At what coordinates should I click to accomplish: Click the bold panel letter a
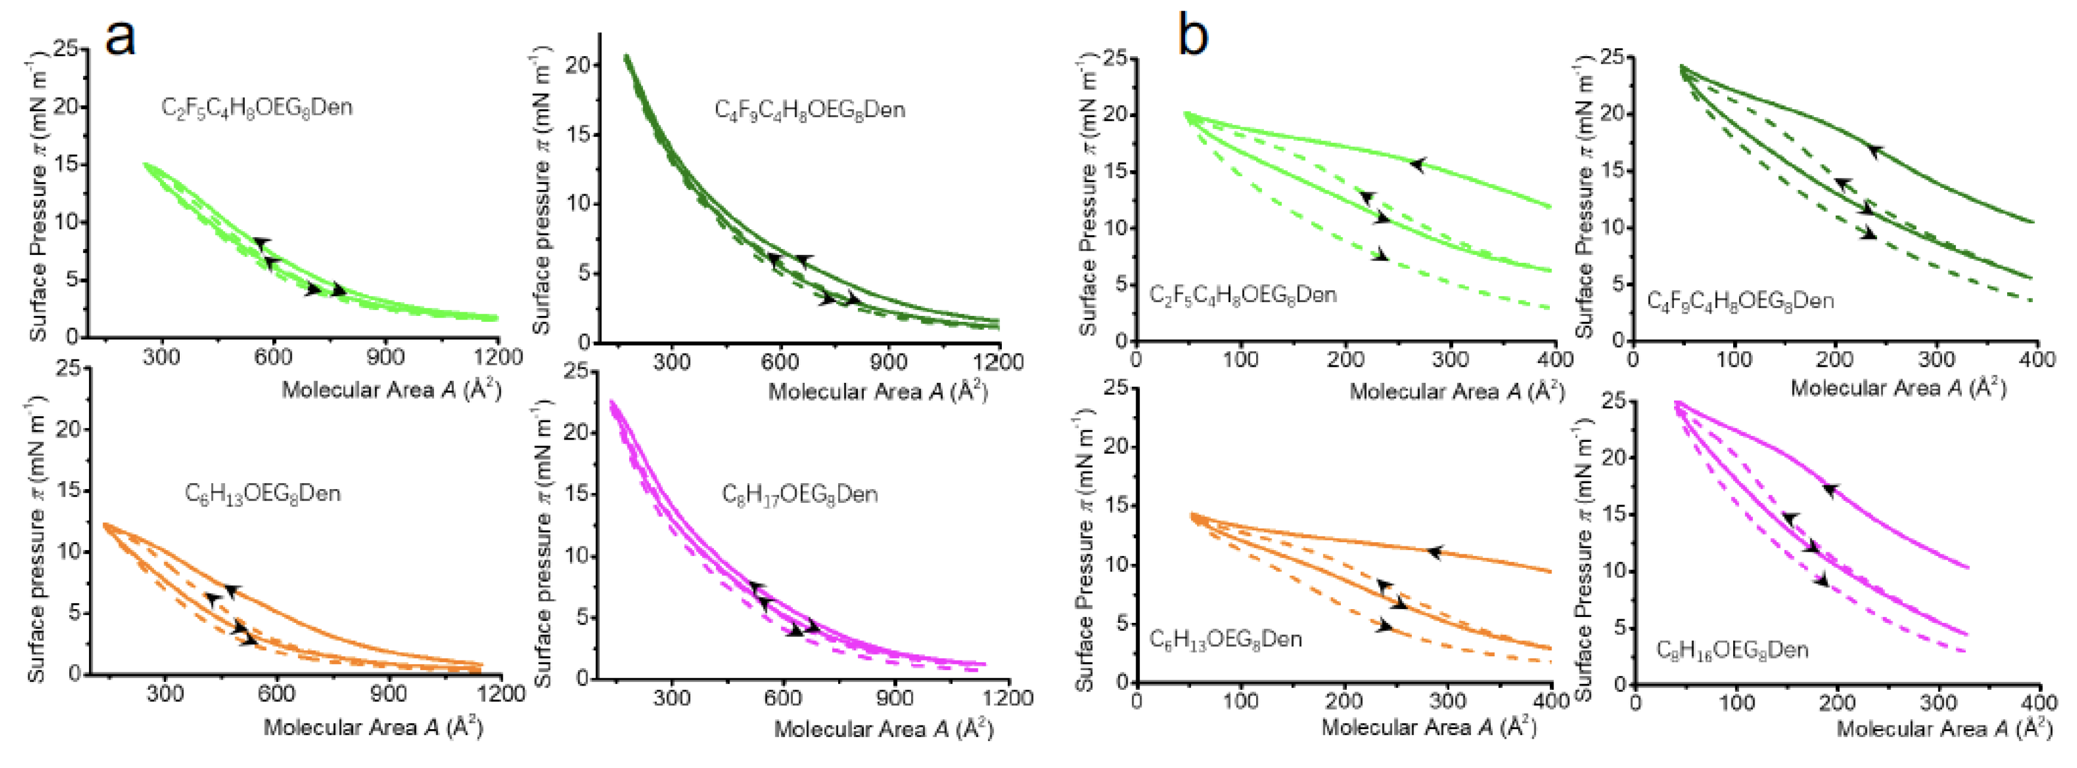121,36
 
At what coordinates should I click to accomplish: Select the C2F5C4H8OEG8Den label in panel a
256,107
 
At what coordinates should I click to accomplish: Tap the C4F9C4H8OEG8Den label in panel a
810,110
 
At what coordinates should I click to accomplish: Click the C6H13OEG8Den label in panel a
262,493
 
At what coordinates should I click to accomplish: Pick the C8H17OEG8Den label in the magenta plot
799,494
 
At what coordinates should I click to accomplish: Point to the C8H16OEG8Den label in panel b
1731,649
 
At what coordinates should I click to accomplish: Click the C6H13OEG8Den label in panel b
1224,639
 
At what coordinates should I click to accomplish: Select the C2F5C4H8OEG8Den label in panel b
1242,294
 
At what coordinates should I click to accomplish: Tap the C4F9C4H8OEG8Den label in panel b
1740,301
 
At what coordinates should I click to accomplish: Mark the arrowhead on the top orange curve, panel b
1433,552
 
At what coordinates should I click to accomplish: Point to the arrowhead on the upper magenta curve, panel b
1830,490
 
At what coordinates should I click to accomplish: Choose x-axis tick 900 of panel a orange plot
389,693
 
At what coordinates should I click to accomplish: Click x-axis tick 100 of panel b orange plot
1240,701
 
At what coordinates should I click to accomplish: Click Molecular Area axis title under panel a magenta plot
884,729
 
